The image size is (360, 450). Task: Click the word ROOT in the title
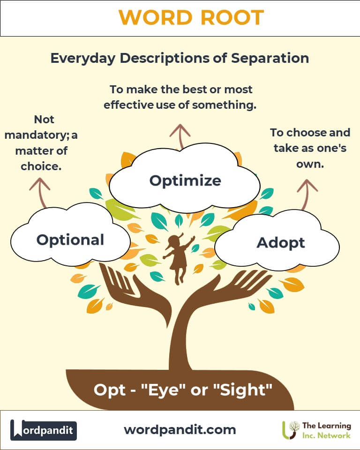[x=232, y=17]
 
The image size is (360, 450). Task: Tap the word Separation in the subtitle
[x=270, y=58]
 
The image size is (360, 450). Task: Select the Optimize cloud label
[x=185, y=181]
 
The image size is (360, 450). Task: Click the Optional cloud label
[x=70, y=240]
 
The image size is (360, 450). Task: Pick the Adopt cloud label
[x=280, y=243]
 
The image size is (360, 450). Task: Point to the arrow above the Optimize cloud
[x=180, y=136]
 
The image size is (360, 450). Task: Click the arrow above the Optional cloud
[x=41, y=193]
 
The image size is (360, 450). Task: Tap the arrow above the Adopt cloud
[x=306, y=194]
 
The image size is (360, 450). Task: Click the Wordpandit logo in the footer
[x=43, y=430]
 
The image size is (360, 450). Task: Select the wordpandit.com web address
[x=180, y=430]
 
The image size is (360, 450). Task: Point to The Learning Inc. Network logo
[x=316, y=430]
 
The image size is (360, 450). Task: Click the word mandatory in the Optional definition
[x=35, y=135]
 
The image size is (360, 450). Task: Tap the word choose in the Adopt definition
[x=306, y=133]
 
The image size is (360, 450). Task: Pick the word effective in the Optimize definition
[x=128, y=105]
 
